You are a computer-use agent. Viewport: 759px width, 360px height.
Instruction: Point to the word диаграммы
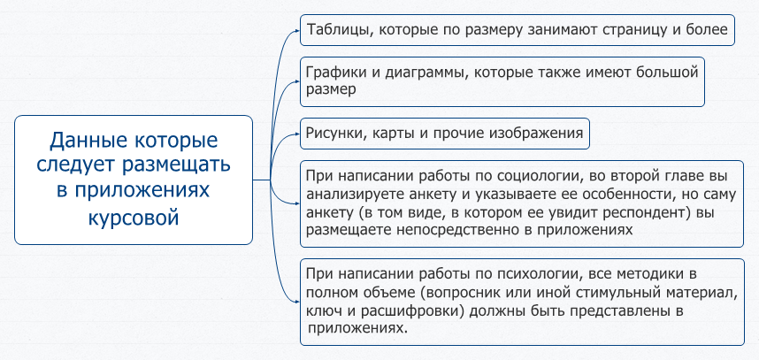click(x=427, y=73)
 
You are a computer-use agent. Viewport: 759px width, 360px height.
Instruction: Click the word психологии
click(x=535, y=275)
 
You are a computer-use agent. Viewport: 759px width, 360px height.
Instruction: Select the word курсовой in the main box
click(x=134, y=218)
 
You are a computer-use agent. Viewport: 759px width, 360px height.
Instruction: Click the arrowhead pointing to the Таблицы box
click(x=298, y=30)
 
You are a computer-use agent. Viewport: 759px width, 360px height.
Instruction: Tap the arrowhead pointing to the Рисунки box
click(x=298, y=134)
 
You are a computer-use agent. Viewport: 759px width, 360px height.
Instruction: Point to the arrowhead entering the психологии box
click(x=298, y=302)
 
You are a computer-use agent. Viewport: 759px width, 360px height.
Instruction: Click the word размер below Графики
click(x=332, y=90)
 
